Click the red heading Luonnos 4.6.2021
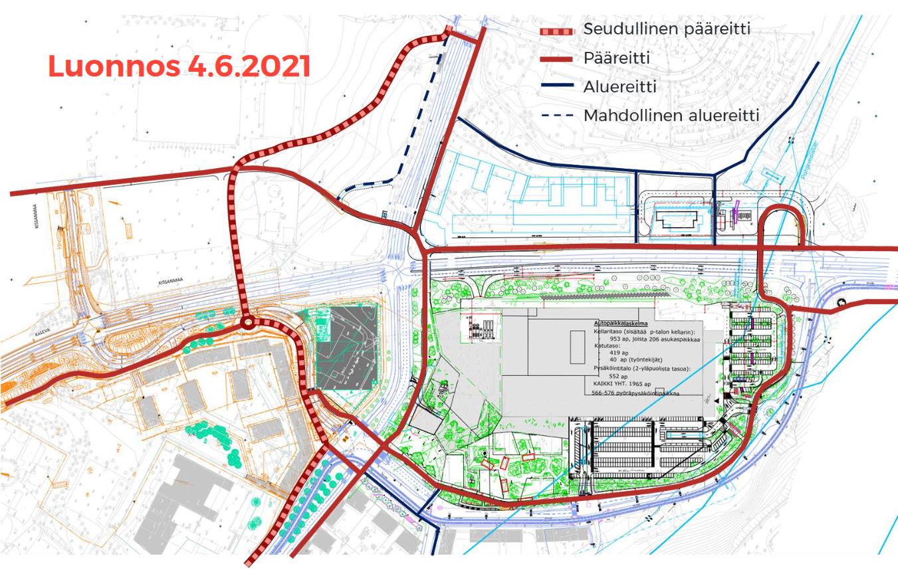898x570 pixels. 179,66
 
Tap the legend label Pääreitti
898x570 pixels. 616,58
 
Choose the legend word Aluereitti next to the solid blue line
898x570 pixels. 619,87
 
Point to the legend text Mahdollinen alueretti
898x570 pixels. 671,116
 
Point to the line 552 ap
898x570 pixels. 610,376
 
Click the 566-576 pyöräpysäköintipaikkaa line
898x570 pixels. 636,393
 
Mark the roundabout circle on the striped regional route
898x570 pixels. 248,324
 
